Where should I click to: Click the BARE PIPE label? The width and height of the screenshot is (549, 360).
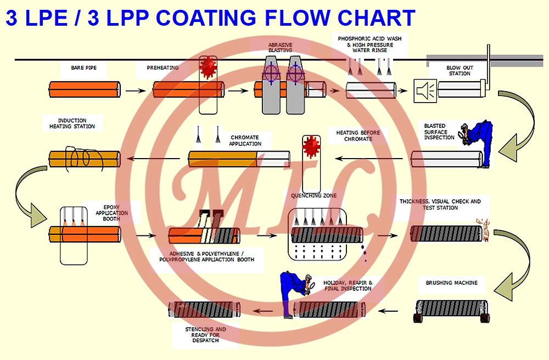(81, 68)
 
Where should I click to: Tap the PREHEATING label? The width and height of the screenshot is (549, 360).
(163, 68)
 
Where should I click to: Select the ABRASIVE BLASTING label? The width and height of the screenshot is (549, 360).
(280, 47)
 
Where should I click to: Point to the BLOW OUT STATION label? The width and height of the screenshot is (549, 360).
(460, 71)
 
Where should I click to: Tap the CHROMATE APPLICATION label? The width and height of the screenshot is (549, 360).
(245, 140)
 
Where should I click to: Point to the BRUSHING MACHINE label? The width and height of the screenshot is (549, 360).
(451, 283)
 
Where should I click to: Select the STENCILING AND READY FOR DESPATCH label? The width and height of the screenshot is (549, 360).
(205, 335)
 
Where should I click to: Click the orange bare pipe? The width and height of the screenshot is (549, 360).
(85, 89)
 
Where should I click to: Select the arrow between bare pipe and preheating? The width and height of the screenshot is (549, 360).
(133, 89)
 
